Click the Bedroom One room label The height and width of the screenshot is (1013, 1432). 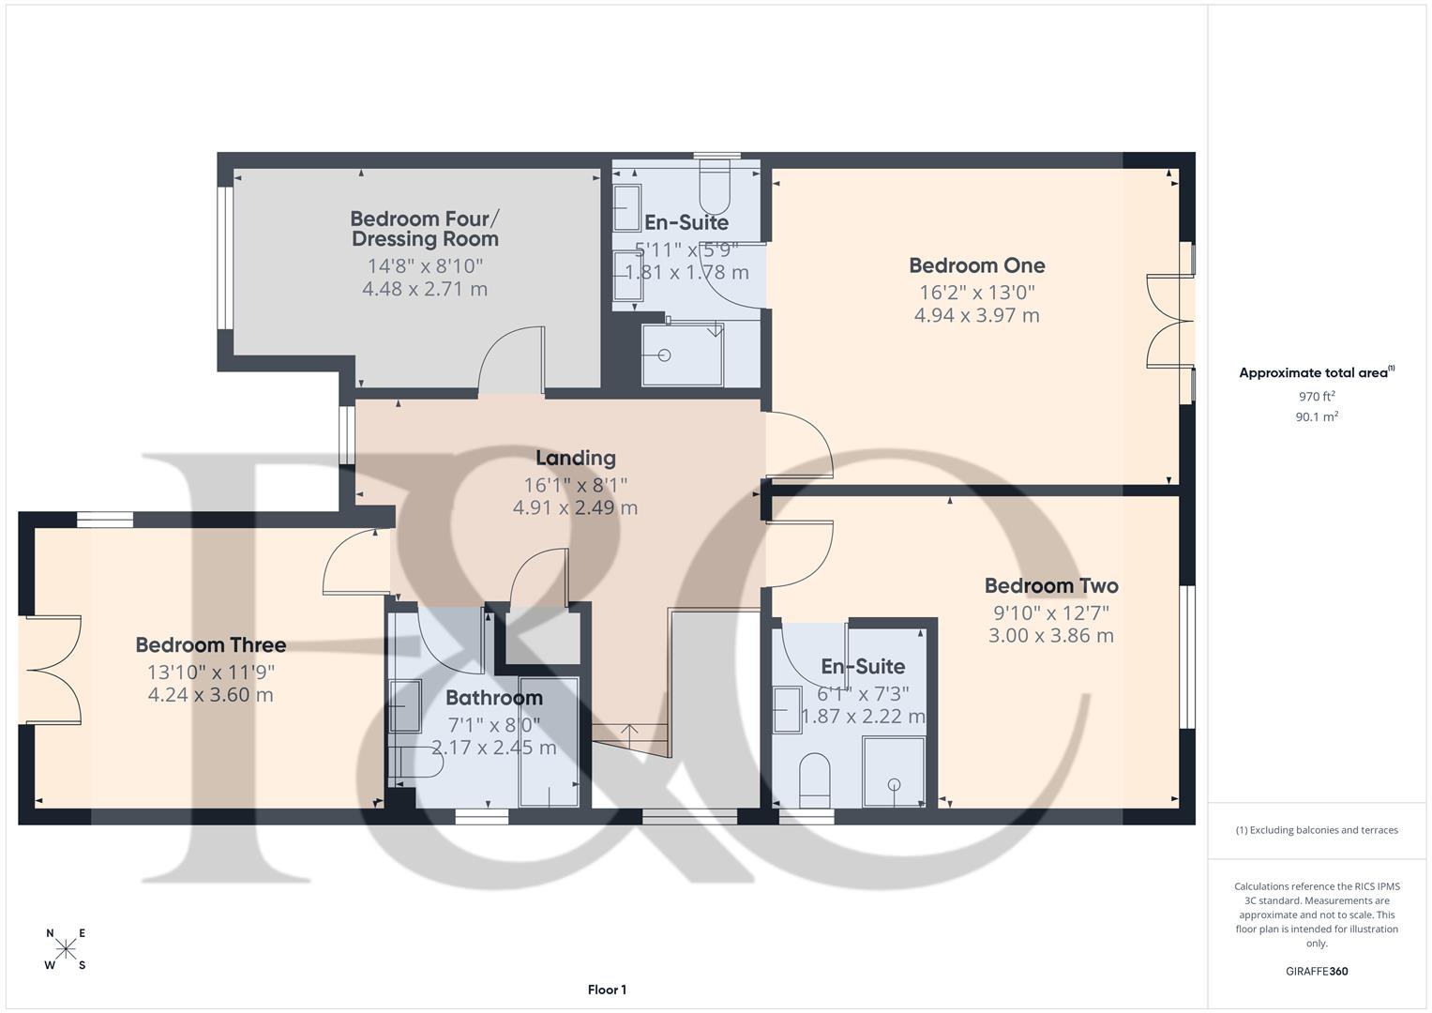coord(976,265)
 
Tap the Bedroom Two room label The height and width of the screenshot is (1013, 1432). coord(1050,586)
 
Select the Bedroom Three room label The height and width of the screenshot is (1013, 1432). coord(210,645)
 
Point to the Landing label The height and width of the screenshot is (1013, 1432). coord(575,458)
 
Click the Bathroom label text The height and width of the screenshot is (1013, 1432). coord(493,698)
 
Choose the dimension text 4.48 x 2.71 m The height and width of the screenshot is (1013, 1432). coord(424,289)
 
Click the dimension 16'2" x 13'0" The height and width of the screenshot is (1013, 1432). coord(976,292)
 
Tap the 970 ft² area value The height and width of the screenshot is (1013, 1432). coord(1316,397)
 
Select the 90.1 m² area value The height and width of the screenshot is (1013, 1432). coord(1316,417)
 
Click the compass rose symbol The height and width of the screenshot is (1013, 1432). coord(66,948)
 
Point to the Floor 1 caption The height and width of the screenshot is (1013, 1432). coord(607,990)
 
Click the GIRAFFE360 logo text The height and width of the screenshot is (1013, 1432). coord(1316,972)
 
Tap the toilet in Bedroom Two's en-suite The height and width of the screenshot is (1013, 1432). coord(815,779)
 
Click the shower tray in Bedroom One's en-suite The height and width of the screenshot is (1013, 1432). coord(682,355)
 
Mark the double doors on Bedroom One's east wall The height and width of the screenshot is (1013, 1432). coord(1168,322)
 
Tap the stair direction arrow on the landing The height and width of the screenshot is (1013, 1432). coord(629,729)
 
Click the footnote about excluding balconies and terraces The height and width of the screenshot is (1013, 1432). coord(1316,830)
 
